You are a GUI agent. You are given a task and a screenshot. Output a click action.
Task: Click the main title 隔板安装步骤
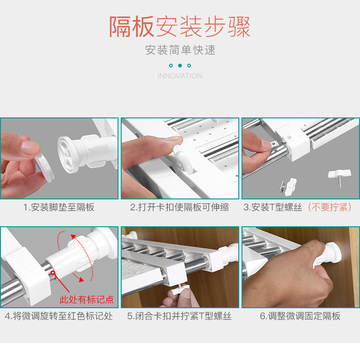coord(180,27)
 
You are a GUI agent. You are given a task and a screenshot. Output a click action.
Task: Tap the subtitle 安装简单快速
coord(180,50)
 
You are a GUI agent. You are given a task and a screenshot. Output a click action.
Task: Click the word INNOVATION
coord(180,76)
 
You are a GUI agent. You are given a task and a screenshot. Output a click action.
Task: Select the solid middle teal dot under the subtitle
coord(180,66)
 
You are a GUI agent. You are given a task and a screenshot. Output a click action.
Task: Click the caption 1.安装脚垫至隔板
coord(59,207)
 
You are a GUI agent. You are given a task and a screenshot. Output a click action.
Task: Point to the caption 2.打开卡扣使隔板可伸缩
coord(180,207)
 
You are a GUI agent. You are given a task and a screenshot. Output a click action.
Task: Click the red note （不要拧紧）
coord(329,207)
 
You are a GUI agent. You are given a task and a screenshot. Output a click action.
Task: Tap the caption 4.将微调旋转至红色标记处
coord(59,316)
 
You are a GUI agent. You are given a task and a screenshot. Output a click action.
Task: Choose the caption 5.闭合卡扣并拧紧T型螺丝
coord(179,316)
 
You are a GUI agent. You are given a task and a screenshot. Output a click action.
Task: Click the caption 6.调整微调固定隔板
coord(300,316)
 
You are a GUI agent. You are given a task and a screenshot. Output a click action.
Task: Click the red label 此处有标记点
coord(87,300)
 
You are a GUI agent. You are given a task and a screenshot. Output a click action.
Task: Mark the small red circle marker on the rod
coord(53,273)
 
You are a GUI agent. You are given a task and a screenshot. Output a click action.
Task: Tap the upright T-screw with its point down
coord(339,177)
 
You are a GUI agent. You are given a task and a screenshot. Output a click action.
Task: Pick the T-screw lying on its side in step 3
coord(288,187)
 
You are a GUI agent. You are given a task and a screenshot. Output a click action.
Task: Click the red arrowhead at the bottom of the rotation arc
coord(81,279)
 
